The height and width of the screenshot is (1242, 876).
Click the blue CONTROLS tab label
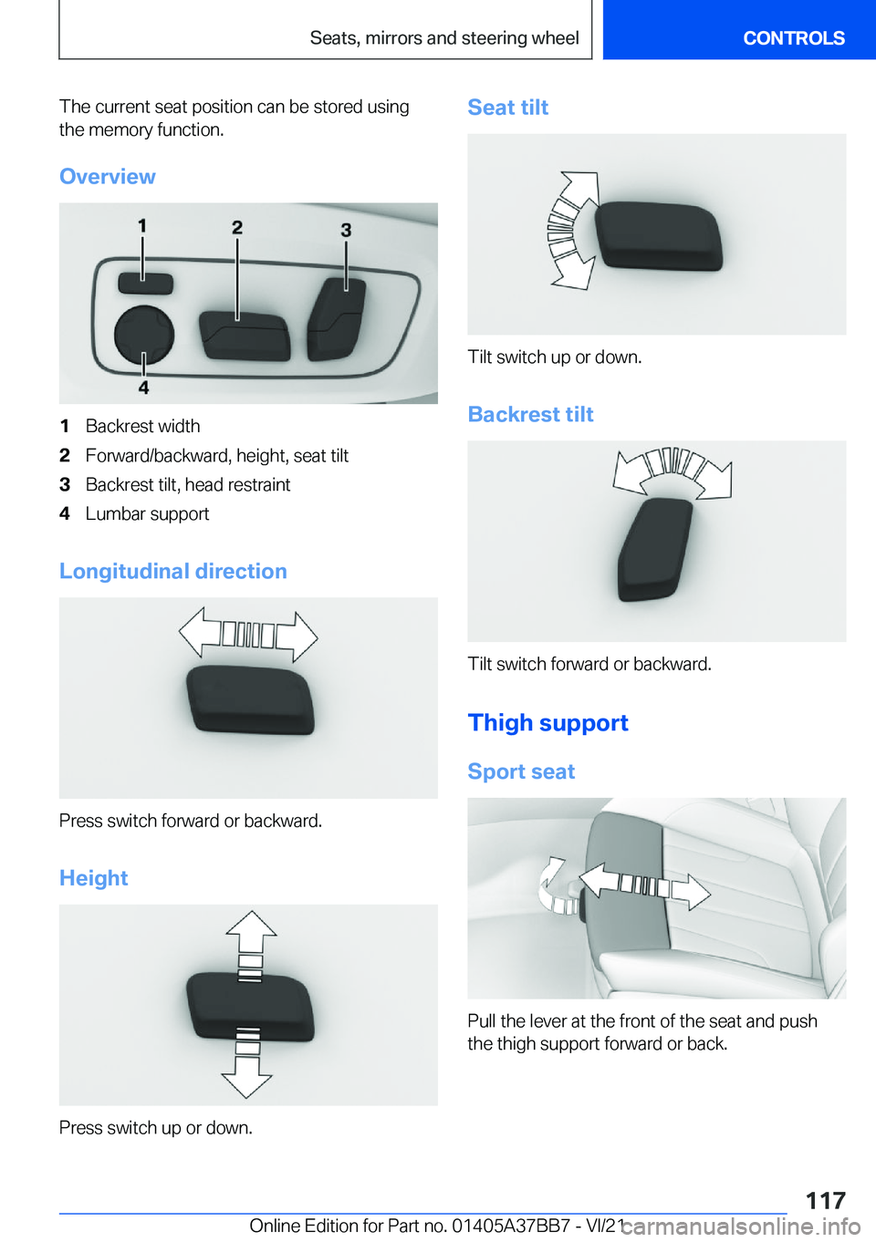(793, 38)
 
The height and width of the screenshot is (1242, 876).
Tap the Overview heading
(108, 176)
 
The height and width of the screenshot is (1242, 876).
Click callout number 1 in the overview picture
(142, 226)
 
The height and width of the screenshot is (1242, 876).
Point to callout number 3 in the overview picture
(346, 230)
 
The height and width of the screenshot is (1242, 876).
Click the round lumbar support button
(144, 335)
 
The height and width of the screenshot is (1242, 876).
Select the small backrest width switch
(145, 284)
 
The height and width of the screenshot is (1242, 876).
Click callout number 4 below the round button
(143, 387)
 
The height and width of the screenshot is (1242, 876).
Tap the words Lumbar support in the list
(147, 514)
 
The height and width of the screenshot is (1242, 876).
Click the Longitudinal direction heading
(173, 571)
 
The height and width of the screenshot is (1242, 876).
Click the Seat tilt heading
(507, 107)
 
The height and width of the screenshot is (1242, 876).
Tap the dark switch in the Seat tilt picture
(659, 235)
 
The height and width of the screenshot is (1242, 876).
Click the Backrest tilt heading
(530, 414)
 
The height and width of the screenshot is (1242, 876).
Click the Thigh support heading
(548, 722)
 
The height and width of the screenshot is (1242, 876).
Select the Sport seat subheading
(521, 771)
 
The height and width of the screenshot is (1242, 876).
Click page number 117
(826, 1200)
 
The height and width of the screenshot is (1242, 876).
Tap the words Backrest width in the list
(142, 426)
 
